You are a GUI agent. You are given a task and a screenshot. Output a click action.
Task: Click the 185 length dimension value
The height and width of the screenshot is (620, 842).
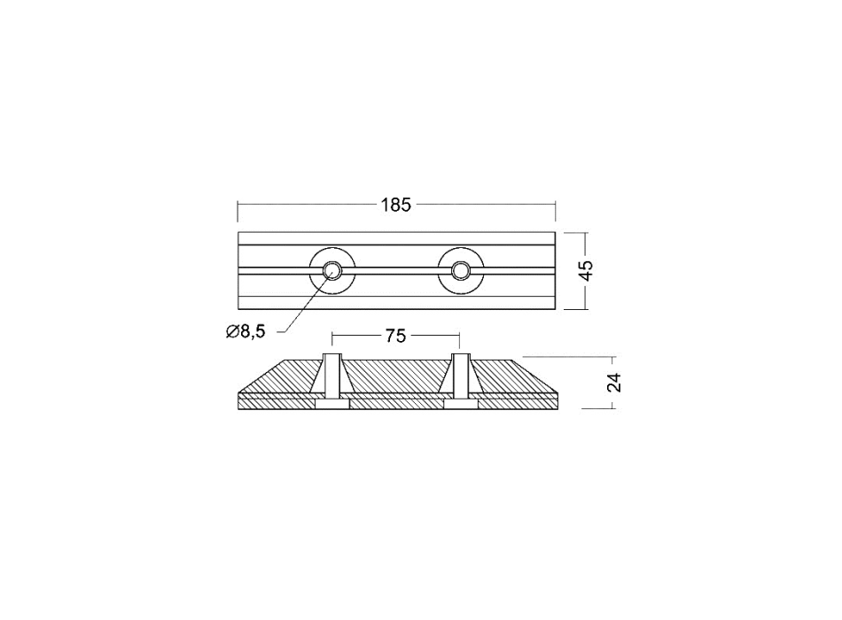(396, 205)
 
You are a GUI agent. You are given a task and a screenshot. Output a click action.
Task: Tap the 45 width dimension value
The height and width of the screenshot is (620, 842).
(587, 270)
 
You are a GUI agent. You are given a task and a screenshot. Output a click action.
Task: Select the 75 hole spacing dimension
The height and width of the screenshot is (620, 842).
(395, 336)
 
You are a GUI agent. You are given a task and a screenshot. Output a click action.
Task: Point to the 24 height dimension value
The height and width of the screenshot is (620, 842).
(615, 383)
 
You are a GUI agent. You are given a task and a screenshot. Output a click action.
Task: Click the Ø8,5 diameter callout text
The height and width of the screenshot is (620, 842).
(246, 332)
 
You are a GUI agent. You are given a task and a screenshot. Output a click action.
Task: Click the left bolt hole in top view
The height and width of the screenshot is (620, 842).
(331, 270)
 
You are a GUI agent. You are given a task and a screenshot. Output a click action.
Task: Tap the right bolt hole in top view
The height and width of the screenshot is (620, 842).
(460, 270)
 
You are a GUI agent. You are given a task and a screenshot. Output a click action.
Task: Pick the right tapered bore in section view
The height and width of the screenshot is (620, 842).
(460, 376)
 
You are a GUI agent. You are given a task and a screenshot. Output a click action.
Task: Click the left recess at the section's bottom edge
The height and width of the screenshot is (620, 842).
(331, 404)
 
